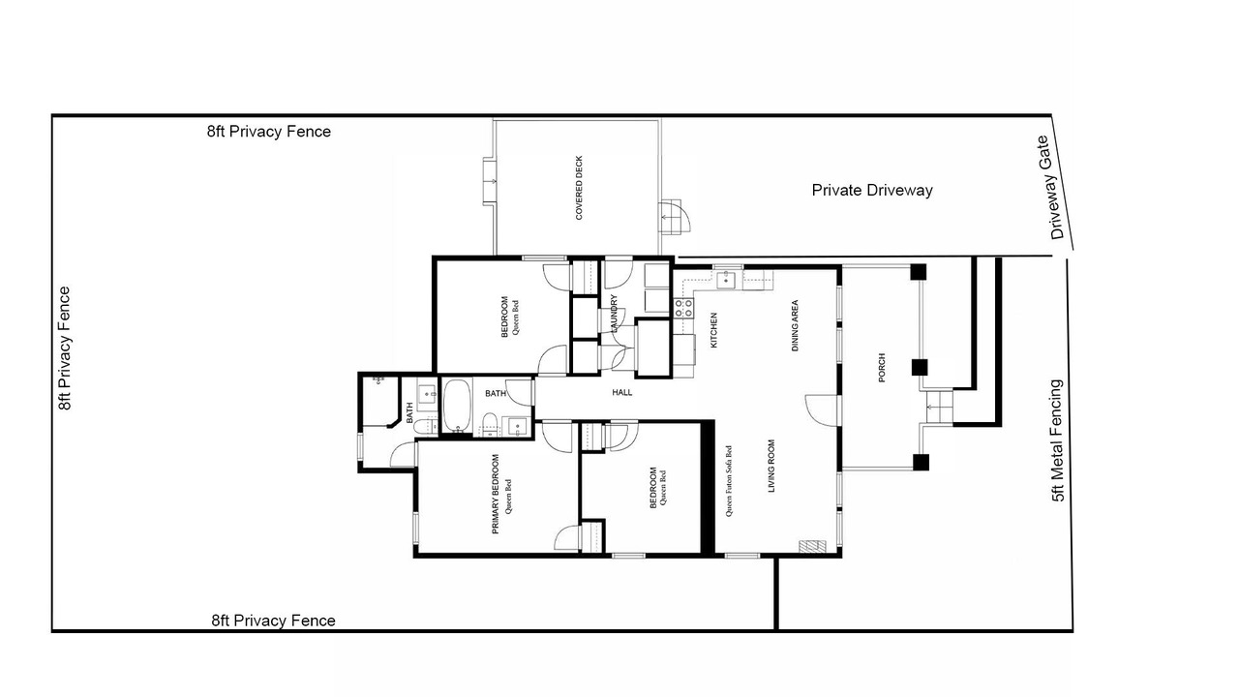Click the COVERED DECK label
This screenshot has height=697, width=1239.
(x=579, y=188)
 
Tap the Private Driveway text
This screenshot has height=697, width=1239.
(x=872, y=191)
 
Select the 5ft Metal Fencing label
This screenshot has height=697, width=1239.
(x=1057, y=440)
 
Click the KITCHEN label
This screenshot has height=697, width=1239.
(x=713, y=330)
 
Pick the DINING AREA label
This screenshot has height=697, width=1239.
(x=795, y=326)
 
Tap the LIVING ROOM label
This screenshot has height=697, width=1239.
(x=771, y=466)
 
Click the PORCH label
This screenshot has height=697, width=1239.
(x=882, y=367)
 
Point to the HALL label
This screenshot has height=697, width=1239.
(x=622, y=392)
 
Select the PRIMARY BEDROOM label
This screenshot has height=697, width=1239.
(x=496, y=494)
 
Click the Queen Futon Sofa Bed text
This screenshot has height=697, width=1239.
(x=729, y=481)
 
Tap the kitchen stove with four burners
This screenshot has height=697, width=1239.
(x=683, y=308)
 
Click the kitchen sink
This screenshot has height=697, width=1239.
(x=725, y=280)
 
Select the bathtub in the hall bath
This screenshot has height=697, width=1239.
(x=456, y=406)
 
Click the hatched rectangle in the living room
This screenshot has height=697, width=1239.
(x=812, y=546)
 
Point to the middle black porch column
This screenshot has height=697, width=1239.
(x=919, y=367)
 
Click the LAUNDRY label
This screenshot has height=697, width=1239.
(x=614, y=313)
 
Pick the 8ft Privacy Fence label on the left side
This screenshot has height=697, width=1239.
(x=65, y=348)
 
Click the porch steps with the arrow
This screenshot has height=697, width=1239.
(x=936, y=408)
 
